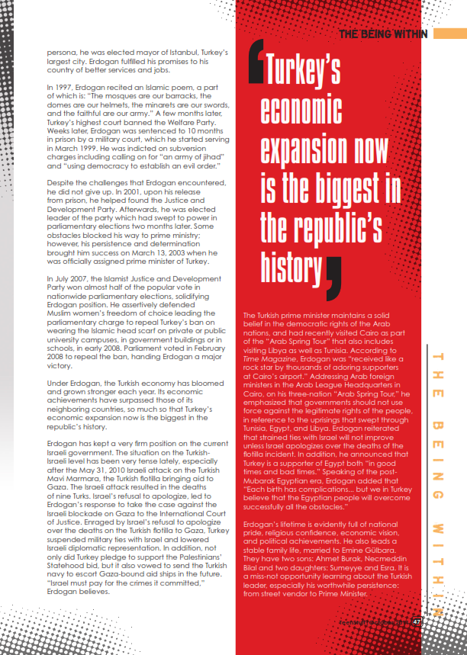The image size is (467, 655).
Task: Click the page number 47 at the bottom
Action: pyautogui.click(x=416, y=622)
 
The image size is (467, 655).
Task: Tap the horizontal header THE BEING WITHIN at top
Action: pyautogui.click(x=384, y=34)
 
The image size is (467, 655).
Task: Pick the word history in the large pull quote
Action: pyautogui.click(x=284, y=265)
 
